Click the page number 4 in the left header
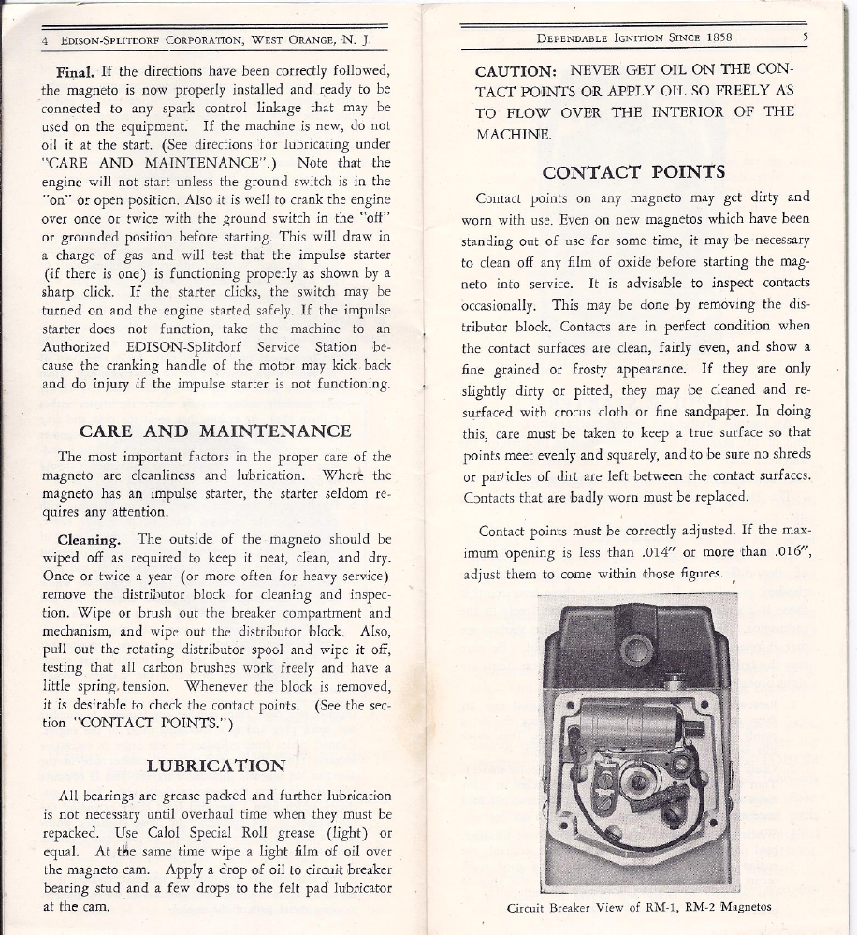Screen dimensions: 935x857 (x=45, y=41)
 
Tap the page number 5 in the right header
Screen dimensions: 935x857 (x=805, y=37)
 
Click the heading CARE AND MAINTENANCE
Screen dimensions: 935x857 (x=215, y=431)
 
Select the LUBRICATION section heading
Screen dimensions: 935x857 (x=216, y=766)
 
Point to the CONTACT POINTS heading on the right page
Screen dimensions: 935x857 (x=634, y=172)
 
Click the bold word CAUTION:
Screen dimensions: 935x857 (x=516, y=71)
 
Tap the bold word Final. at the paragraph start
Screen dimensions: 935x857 (x=78, y=71)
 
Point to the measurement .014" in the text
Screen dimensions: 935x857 (x=645, y=552)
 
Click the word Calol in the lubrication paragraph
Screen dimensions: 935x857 (x=166, y=834)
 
